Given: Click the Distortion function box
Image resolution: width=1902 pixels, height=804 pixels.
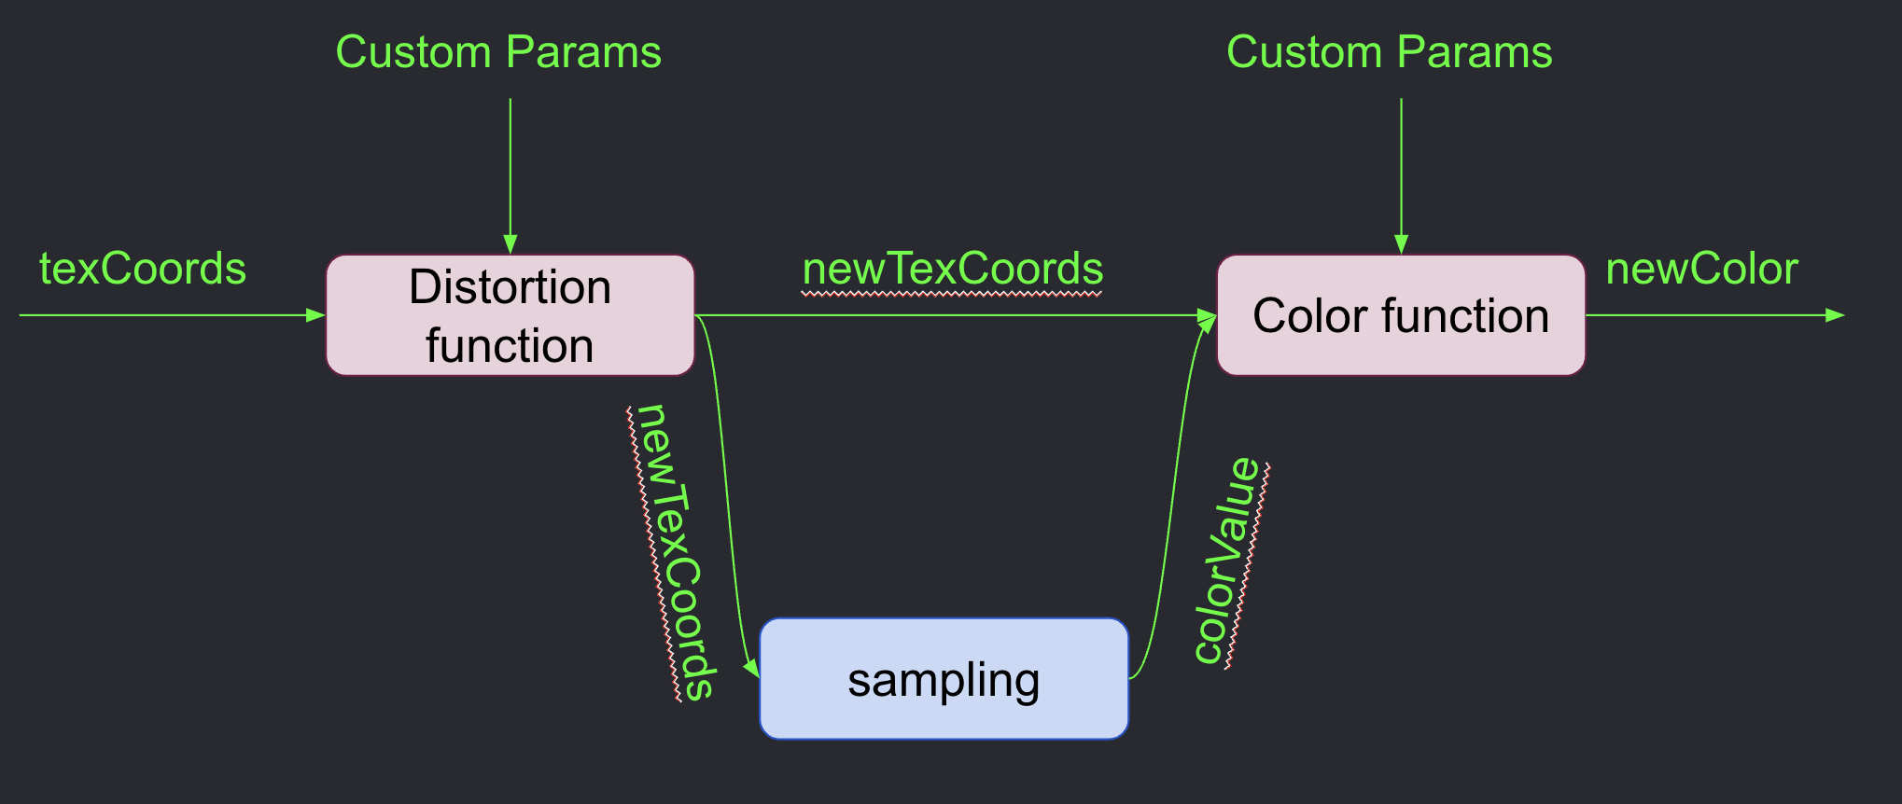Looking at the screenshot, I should [x=510, y=315].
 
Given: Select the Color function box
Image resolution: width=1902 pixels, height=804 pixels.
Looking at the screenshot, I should [x=1400, y=315].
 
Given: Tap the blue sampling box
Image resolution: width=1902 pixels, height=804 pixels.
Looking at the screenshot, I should [x=944, y=679].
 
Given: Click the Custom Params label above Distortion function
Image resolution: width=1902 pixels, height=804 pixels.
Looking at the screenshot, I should [x=498, y=52].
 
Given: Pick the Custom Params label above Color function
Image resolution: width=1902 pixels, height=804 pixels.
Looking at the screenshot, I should [x=1389, y=52].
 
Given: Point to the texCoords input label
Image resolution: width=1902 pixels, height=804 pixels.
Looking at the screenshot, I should [x=143, y=269].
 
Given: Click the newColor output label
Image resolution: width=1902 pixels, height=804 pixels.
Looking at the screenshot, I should [x=1701, y=269].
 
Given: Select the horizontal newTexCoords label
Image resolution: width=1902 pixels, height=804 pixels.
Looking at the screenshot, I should [x=953, y=269].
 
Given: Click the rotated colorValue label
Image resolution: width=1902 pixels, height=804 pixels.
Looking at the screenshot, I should [x=1228, y=561].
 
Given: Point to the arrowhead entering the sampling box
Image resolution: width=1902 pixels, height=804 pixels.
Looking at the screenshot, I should [x=752, y=667].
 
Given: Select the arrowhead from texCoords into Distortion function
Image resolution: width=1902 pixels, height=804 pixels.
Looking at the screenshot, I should [x=315, y=315].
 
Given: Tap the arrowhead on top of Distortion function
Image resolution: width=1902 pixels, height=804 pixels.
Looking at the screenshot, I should [x=510, y=244].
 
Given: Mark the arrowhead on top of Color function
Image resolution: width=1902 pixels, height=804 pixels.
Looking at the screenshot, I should [x=1401, y=244].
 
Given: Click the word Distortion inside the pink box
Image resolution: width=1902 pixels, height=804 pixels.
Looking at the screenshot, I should [x=510, y=286].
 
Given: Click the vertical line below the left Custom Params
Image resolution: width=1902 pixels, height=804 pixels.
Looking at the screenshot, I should [x=510, y=168].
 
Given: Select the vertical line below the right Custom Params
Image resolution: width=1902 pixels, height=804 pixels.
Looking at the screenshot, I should [x=1401, y=168].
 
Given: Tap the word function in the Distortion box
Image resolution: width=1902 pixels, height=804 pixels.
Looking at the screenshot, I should [x=510, y=345].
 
